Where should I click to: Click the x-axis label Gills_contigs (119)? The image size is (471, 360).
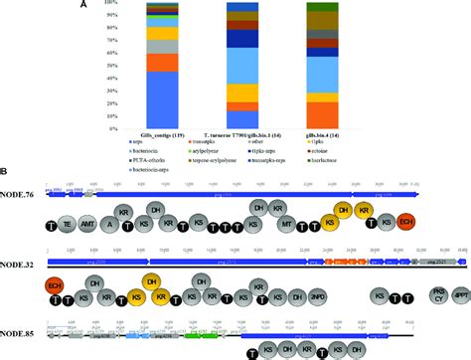pyautogui.click(x=163, y=132)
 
